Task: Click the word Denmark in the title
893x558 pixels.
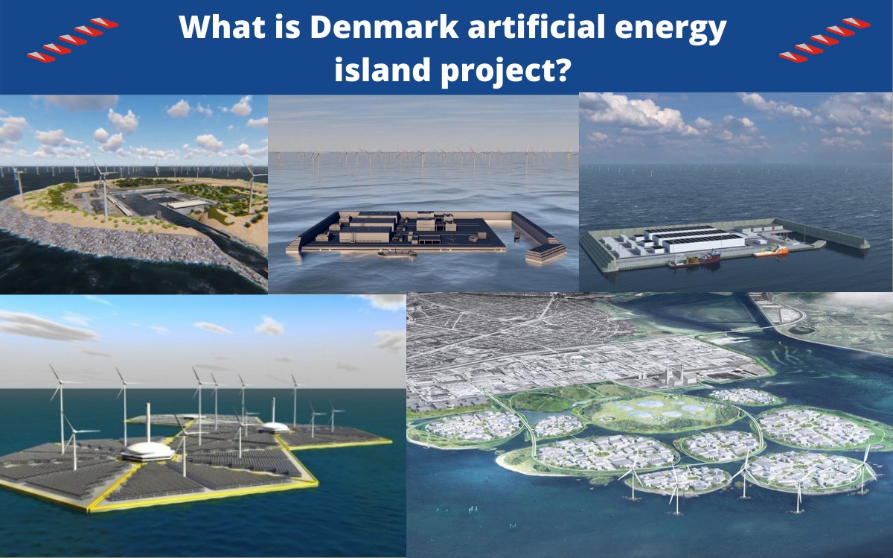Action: (384, 27)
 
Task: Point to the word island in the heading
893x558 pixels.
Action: (383, 69)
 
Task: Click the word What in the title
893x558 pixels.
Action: (222, 27)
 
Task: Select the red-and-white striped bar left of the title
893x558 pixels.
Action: (73, 40)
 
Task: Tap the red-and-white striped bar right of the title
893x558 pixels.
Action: (825, 40)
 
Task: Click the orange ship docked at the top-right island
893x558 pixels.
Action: (770, 252)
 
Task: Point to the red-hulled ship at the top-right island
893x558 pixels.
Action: (695, 259)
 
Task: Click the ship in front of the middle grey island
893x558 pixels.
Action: (397, 253)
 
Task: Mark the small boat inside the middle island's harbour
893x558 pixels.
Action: (516, 235)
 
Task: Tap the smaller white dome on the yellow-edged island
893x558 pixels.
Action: (274, 427)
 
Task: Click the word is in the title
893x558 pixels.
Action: (287, 27)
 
